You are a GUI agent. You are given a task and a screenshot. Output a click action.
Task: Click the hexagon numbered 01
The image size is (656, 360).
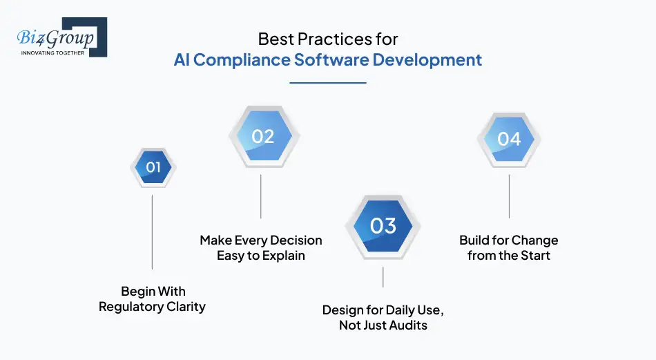tap(153, 167)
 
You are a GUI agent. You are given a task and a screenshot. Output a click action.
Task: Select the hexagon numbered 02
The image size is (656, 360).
tap(262, 136)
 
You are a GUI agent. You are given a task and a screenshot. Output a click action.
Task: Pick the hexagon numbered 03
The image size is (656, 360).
tap(383, 226)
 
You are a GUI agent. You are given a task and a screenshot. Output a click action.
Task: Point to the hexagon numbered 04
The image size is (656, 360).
tap(509, 139)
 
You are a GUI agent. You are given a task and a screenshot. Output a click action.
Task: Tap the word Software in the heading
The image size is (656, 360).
tap(331, 60)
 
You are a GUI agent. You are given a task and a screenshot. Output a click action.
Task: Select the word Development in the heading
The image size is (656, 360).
tap(427, 60)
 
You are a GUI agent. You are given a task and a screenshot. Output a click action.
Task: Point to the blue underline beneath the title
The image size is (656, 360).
tap(327, 83)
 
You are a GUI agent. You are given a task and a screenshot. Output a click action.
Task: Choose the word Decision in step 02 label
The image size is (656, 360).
tap(295, 240)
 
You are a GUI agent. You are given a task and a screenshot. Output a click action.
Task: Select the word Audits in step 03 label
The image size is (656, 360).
tap(407, 325)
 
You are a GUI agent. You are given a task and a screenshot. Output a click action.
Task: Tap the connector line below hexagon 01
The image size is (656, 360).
tap(153, 231)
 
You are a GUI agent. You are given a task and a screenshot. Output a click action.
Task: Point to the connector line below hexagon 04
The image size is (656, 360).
tap(509, 196)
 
